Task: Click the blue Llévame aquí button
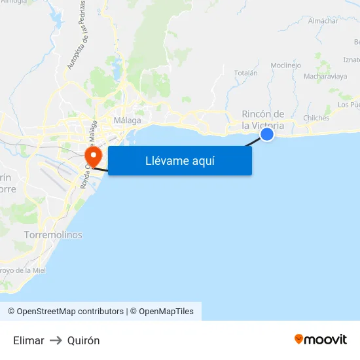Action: point(180,160)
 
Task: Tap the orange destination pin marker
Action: point(92,156)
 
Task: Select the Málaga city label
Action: point(127,120)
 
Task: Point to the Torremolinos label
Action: point(53,234)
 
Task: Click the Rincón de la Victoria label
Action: point(263,120)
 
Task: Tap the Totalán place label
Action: point(245,73)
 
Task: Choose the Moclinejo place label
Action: point(285,65)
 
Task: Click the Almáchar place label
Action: point(323,21)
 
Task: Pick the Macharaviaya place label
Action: point(325,77)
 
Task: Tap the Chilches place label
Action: point(316,118)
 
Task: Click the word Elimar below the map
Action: point(29,340)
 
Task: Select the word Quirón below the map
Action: point(83,340)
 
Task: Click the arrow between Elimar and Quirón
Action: point(56,340)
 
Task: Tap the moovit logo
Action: point(321,340)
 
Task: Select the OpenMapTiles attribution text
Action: point(166,312)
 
